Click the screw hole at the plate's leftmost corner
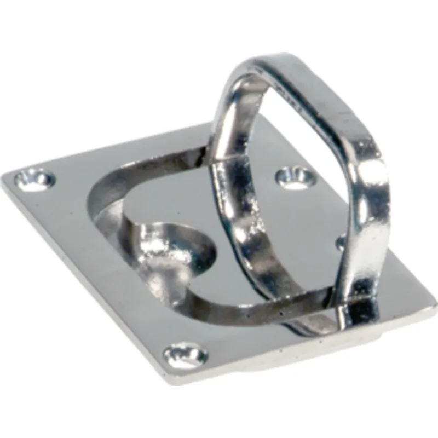(34, 178)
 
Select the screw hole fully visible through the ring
(296, 178)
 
